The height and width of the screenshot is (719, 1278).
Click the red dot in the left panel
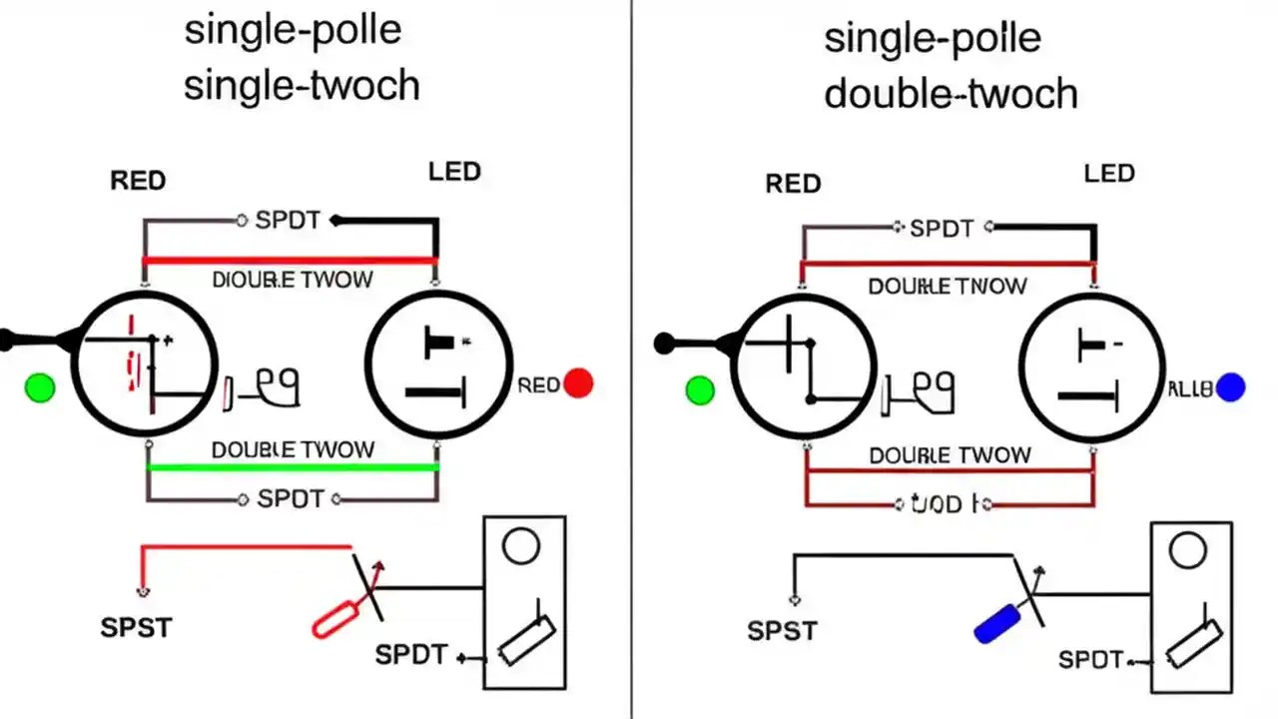tap(578, 383)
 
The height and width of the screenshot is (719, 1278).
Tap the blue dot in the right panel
tap(1230, 387)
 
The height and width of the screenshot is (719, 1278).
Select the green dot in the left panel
tap(40, 387)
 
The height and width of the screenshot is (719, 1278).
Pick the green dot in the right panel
tap(700, 390)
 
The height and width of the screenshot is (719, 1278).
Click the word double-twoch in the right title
tap(951, 94)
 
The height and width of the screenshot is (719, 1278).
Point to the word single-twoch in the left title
tap(302, 86)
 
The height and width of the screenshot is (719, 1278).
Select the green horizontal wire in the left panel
tap(293, 467)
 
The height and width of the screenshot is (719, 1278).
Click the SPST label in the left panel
tap(136, 628)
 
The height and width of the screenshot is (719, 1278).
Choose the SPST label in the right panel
tap(782, 631)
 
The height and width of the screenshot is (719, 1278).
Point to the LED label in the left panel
tap(454, 172)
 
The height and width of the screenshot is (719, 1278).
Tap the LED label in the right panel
tap(1109, 174)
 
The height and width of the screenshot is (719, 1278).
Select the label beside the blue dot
tap(1189, 388)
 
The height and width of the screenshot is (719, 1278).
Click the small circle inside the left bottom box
tap(521, 546)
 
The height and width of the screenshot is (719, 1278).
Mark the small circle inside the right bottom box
tap(1187, 550)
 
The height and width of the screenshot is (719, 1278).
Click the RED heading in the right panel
tap(793, 184)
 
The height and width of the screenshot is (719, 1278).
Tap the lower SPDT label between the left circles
tap(290, 498)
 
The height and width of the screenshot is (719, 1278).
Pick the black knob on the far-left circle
tap(8, 341)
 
